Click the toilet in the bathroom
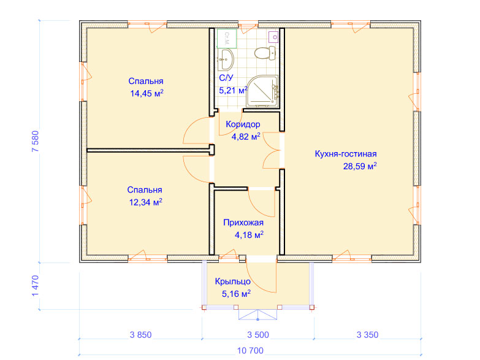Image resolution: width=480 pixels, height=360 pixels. (x=265, y=53)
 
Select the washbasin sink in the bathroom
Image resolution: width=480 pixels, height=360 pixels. (x=226, y=59)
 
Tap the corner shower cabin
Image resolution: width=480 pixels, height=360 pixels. (x=262, y=91)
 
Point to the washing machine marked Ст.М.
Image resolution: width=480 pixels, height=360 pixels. (x=227, y=39)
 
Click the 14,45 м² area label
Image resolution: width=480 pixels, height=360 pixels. (x=147, y=93)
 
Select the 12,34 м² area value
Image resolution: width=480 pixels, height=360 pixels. (x=145, y=202)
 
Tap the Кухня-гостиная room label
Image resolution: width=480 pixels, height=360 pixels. (x=346, y=154)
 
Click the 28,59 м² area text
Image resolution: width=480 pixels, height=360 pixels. (x=360, y=166)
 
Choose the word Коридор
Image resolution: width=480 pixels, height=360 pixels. (x=243, y=124)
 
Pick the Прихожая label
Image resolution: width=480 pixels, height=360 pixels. (x=243, y=223)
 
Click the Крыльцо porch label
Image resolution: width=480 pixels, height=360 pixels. (x=233, y=281)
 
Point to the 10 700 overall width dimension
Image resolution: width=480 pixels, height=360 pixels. (x=250, y=351)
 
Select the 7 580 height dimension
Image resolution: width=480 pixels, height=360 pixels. (x=36, y=141)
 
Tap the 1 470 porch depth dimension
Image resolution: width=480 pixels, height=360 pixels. (x=36, y=286)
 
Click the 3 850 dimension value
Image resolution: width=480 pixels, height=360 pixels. (x=140, y=335)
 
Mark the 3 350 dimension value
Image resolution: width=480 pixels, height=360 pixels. (x=367, y=335)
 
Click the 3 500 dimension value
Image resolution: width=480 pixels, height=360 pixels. (x=258, y=335)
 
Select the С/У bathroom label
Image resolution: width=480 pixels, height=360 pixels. (x=226, y=78)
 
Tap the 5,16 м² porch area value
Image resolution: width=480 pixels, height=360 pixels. (x=236, y=294)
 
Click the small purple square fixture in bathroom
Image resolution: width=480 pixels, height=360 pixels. (x=273, y=37)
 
